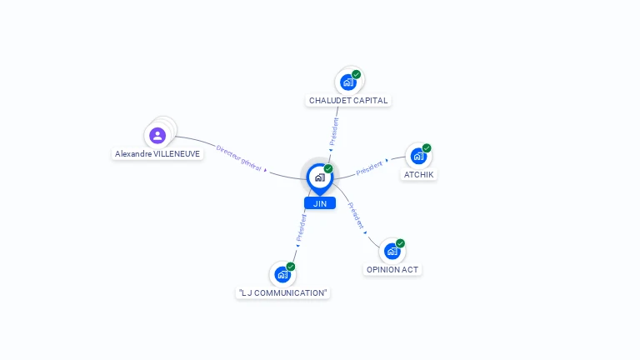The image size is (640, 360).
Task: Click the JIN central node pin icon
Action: click(x=320, y=179)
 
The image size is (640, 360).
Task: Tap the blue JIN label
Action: click(x=320, y=203)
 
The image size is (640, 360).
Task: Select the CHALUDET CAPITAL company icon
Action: click(x=348, y=82)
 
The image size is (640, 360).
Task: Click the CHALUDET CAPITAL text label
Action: click(x=348, y=100)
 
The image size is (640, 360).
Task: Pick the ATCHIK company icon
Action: click(x=418, y=156)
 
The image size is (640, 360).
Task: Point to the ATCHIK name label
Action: click(x=419, y=175)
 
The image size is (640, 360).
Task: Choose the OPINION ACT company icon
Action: click(x=392, y=251)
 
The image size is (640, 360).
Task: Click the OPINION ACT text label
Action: click(x=392, y=270)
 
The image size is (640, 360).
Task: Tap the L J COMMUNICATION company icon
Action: click(x=282, y=274)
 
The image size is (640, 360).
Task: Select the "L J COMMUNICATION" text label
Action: click(x=282, y=293)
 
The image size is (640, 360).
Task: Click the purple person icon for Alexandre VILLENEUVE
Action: click(x=157, y=136)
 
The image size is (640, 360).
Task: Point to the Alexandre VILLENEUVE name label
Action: click(x=157, y=154)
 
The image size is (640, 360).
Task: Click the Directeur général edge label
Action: click(x=239, y=158)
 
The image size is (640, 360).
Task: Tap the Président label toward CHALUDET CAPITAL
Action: click(x=334, y=131)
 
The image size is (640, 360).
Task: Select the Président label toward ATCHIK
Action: click(x=369, y=167)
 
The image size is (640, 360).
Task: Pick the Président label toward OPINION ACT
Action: click(x=356, y=216)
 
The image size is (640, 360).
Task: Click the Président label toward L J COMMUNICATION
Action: click(x=301, y=227)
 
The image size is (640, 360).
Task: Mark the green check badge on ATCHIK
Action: click(x=427, y=148)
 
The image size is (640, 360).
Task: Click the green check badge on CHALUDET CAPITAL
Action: click(x=357, y=74)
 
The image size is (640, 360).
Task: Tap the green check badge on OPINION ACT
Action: click(x=400, y=243)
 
